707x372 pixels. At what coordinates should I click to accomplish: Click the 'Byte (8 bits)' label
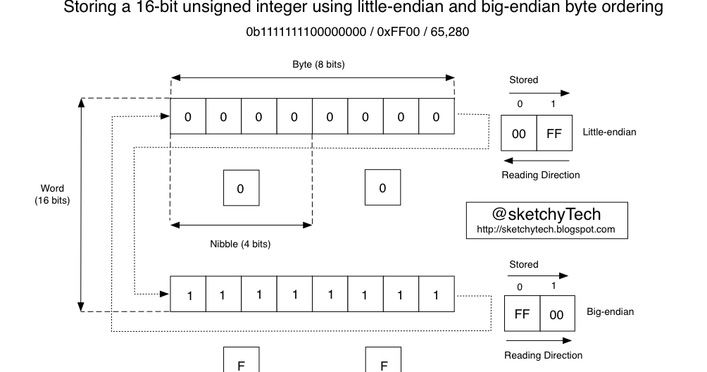point(318,64)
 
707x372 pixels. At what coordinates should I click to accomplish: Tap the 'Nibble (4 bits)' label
point(240,244)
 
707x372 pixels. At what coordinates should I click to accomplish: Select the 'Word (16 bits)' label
point(52,194)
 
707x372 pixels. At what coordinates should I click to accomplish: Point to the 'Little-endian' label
point(610,132)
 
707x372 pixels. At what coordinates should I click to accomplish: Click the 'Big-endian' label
point(610,311)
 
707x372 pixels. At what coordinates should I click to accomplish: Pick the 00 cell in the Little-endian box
point(519,133)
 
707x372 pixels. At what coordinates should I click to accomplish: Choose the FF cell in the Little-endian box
point(554,133)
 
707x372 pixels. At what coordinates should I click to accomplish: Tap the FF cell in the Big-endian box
point(522,314)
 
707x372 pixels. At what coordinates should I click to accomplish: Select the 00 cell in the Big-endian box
point(556,314)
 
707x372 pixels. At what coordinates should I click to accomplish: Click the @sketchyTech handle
point(546,213)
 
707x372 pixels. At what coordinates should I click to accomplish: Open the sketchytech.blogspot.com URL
point(546,229)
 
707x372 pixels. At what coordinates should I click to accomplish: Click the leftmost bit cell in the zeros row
point(188,117)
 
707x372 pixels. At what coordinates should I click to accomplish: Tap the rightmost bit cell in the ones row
point(436,295)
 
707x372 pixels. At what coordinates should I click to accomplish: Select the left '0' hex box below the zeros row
point(240,188)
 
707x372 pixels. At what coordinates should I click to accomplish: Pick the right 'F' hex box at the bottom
point(383,363)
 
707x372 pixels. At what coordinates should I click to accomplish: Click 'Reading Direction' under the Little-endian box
point(541,175)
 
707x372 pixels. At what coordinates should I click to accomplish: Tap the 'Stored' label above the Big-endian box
point(523,264)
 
